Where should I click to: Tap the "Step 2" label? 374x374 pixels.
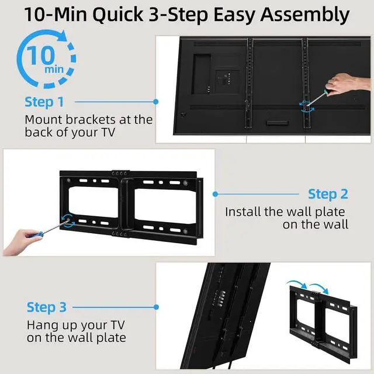pos(328,194)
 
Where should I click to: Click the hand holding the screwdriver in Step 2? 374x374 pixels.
pos(26,238)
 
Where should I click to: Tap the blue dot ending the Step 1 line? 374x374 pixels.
pos(156,102)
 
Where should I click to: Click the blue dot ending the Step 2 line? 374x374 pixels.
pos(215,194)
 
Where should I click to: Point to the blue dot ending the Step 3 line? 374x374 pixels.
pos(156,307)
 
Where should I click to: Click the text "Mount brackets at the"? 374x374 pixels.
pos(88,119)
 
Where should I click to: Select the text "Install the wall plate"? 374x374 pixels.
pos(285,212)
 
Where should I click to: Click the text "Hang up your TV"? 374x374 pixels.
pos(74,325)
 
